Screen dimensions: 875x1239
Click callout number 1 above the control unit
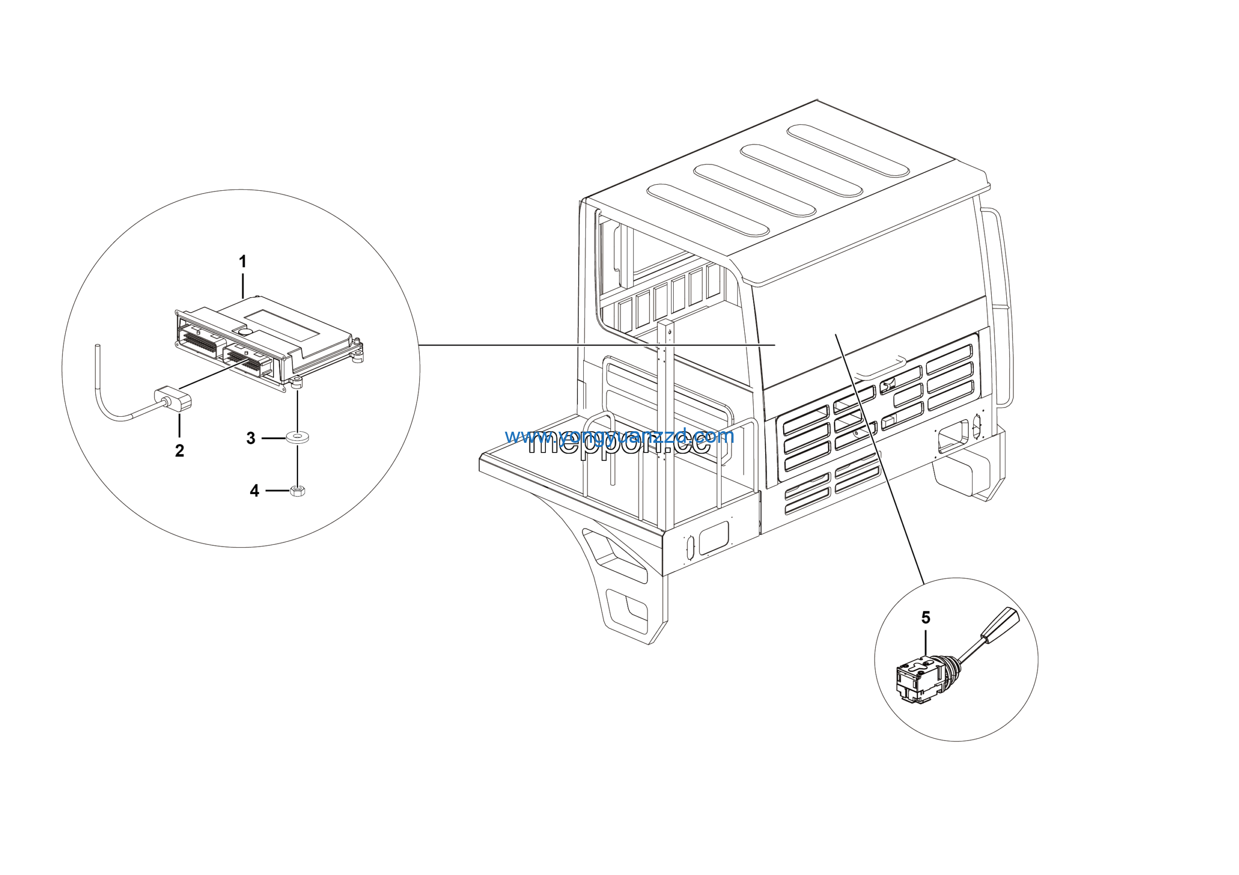tap(243, 262)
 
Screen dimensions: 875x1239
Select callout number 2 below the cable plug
tap(180, 451)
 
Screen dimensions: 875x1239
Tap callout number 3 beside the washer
tap(251, 438)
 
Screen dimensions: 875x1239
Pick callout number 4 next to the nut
tap(255, 490)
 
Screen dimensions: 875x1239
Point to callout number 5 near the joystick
tap(926, 618)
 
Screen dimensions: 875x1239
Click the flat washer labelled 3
tap(297, 437)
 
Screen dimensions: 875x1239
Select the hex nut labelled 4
tap(297, 490)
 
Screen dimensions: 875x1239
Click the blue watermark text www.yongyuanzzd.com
tap(619, 436)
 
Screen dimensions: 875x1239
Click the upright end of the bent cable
tap(98, 367)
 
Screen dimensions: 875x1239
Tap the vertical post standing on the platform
tap(666, 421)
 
